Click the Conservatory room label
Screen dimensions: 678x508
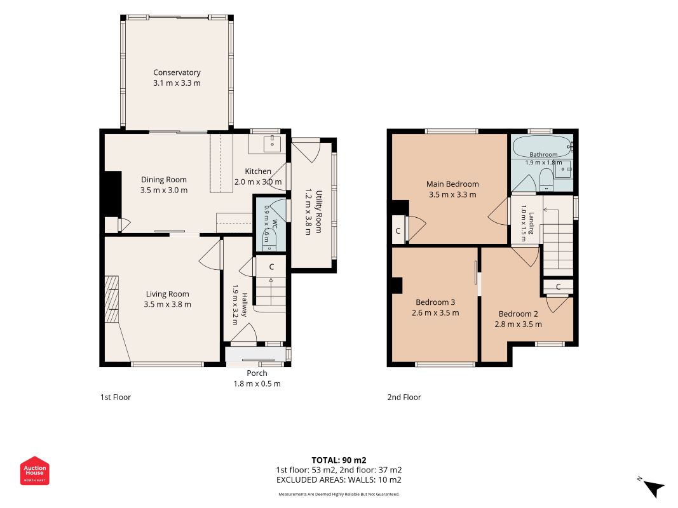177,72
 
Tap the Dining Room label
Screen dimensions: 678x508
164,180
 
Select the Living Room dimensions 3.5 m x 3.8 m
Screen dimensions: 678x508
167,304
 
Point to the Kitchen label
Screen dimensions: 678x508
258,171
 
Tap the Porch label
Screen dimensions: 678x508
257,373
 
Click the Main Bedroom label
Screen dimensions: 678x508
452,184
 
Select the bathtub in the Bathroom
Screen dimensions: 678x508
542,146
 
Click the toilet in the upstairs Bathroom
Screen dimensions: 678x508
546,180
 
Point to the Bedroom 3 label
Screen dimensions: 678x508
435,302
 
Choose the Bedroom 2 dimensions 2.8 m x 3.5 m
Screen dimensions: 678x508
518,324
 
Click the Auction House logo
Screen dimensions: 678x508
34,471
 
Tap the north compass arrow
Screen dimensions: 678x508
654,488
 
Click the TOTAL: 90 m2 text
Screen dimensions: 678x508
339,460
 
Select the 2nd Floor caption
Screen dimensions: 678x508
404,398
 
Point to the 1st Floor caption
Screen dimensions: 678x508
116,398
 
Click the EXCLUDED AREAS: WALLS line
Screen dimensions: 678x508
339,480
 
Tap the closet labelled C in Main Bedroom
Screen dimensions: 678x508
398,231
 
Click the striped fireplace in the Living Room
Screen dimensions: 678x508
112,299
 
